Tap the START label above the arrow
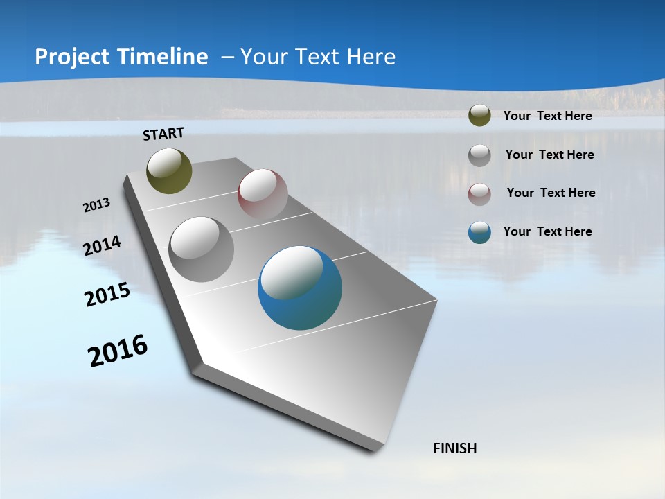[163, 134]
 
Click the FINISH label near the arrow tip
[455, 448]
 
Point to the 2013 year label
[96, 205]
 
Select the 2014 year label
[103, 246]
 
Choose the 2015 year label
[107, 295]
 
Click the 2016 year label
[118, 350]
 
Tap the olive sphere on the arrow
[169, 170]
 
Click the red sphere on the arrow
[263, 193]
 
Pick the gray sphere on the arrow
[202, 249]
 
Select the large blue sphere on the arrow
[300, 288]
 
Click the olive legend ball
[479, 116]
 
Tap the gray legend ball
[479, 155]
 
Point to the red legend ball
[479, 193]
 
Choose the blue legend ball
[479, 232]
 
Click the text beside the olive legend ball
[547, 116]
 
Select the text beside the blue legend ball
[547, 231]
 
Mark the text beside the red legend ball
[551, 193]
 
